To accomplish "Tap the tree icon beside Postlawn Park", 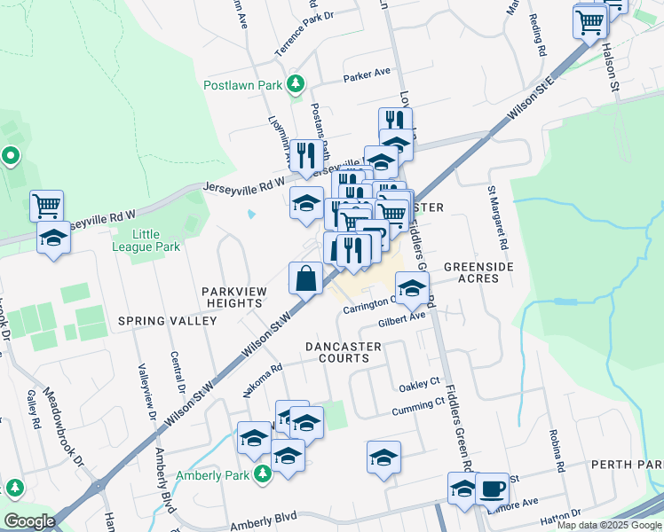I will (295, 85).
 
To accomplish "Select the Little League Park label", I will (156, 240).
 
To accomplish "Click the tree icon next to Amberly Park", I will (262, 475).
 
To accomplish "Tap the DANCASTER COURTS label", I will (337, 352).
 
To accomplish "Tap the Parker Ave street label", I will (368, 74).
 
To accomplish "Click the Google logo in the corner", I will (29, 521).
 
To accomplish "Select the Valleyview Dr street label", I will (146, 391).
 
